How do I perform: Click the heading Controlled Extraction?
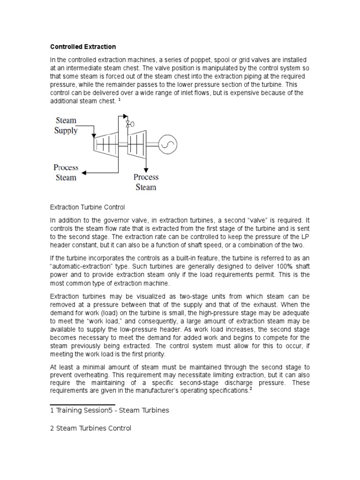pyautogui.click(x=83, y=47)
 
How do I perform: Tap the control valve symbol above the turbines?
pyautogui.click(x=128, y=124)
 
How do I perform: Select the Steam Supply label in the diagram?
pyautogui.click(x=66, y=125)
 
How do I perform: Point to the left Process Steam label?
pyautogui.click(x=65, y=172)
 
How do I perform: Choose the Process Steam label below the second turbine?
pyautogui.click(x=146, y=182)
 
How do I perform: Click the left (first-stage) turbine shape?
pyautogui.click(x=107, y=143)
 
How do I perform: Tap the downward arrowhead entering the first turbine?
pyautogui.click(x=94, y=134)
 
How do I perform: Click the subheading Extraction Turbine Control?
pyautogui.click(x=87, y=206)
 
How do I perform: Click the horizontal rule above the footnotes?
pyautogui.click(x=82, y=404)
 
